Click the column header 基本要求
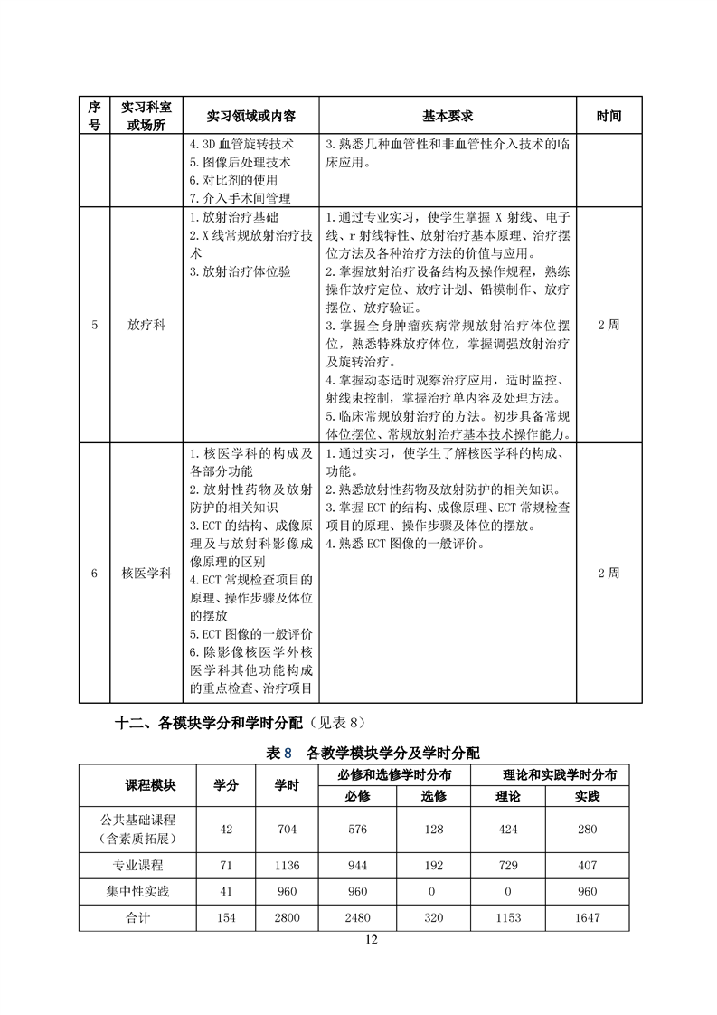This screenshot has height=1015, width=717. pos(448,117)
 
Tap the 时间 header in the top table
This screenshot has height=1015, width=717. pos(609,117)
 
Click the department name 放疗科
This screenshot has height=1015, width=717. pos(146,326)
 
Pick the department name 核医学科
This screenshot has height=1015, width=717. pos(146,574)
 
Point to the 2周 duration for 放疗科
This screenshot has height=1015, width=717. pos(609,326)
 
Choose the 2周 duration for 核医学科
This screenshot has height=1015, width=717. pos(609,574)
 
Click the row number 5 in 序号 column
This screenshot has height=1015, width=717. pos(94,326)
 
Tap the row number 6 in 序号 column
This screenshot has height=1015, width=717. pos(94,574)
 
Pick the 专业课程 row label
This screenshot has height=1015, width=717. pos(137,865)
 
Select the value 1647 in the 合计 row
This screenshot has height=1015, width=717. pos(587,917)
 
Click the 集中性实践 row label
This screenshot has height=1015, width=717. pos(137,891)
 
